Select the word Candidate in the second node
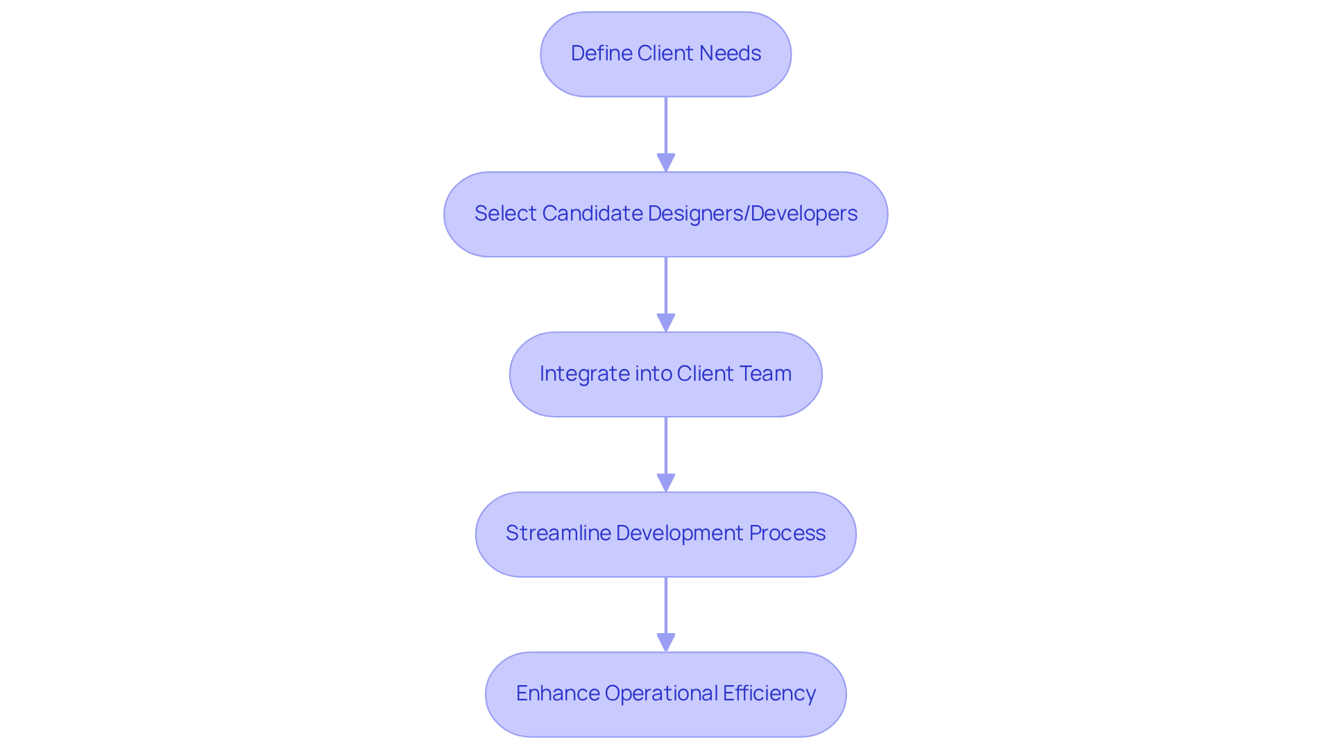coord(592,214)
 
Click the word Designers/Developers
coord(752,214)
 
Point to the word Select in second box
coord(505,214)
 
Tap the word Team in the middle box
coord(765,374)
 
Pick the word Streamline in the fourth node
coord(558,533)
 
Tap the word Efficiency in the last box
coord(769,693)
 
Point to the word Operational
coord(661,693)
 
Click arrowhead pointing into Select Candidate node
coord(666,163)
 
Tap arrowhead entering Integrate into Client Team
coord(666,323)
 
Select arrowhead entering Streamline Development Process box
coord(666,483)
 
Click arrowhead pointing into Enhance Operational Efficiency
coord(666,643)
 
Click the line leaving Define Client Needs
coord(666,125)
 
